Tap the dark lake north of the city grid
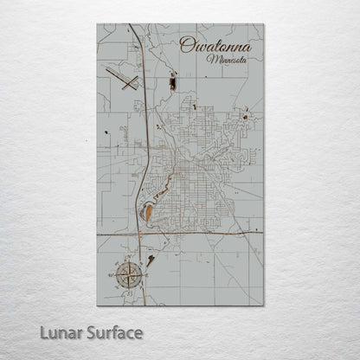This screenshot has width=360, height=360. (x=171, y=82)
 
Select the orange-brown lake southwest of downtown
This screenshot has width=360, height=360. (x=150, y=211)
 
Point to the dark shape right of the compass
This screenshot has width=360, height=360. (x=151, y=259)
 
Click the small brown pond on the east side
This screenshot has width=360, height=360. (x=247, y=116)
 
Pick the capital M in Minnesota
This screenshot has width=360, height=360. (x=212, y=61)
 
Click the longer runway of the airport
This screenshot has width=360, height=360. (x=119, y=79)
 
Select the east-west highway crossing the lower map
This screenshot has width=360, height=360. (x=208, y=233)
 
